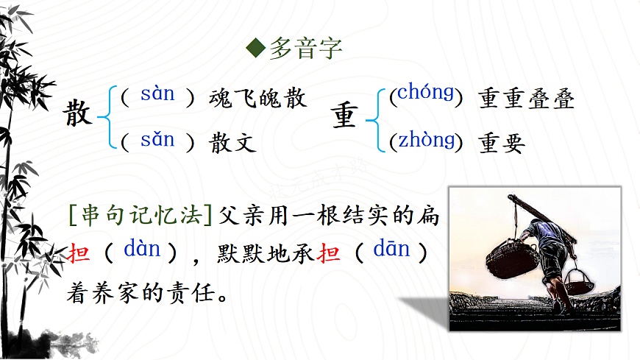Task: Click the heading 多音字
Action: [305, 49]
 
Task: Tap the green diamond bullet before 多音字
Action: [255, 49]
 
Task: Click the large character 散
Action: [79, 115]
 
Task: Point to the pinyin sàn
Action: [157, 94]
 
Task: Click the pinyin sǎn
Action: [157, 139]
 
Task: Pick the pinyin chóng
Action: [425, 93]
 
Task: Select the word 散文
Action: [233, 142]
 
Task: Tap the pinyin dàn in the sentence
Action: [142, 250]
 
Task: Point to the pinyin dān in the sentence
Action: [391, 250]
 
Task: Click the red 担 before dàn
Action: [79, 254]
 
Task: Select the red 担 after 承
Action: [331, 254]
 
